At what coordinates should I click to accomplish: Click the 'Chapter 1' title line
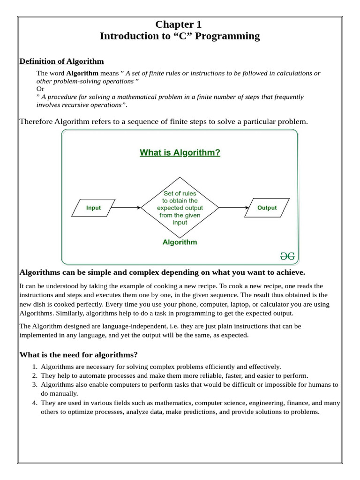coord(180,24)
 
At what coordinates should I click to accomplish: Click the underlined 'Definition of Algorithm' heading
coord(61,61)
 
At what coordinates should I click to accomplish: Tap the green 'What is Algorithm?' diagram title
coord(180,152)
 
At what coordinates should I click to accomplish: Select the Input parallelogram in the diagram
coord(93,208)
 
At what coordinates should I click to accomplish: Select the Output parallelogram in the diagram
coord(267,208)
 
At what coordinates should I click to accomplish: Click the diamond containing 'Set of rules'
coord(180,208)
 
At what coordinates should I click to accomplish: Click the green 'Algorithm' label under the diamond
coord(180,242)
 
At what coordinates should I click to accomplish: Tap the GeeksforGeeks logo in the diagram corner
coord(287,256)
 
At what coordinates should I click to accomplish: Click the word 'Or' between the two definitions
coord(40,89)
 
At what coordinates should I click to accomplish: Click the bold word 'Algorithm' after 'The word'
coord(82,73)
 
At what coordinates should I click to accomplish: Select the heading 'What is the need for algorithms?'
coord(78,354)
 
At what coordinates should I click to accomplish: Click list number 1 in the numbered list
coord(34,367)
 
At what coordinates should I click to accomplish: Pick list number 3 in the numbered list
coord(34,384)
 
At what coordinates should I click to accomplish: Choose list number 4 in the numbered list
coord(34,403)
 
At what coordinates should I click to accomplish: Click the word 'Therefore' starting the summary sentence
coord(36,121)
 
